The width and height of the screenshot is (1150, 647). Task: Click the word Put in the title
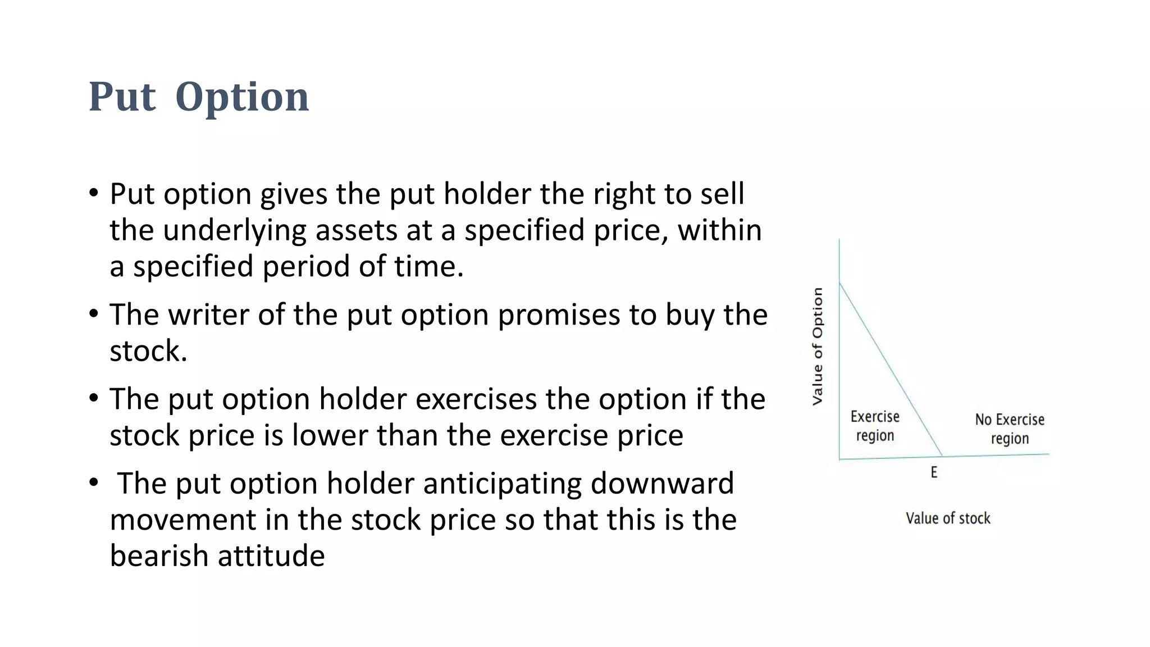(122, 97)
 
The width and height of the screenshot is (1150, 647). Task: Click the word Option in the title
(242, 97)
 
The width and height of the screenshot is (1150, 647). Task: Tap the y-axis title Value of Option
(818, 347)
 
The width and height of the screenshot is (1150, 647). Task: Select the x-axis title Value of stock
(948, 518)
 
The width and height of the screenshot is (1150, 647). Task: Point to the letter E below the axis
(934, 472)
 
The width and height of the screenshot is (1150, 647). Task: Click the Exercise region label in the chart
(875, 426)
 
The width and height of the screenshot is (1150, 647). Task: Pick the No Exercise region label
(1010, 429)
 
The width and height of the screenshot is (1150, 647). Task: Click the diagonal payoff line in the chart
(891, 368)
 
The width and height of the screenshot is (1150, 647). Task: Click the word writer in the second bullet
(208, 315)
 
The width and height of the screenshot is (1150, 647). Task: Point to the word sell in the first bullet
(722, 194)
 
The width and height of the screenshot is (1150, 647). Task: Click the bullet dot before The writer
(94, 313)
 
